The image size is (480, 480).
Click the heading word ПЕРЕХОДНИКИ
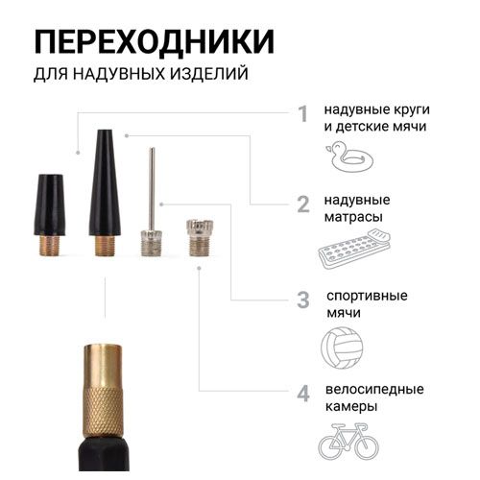click(x=155, y=42)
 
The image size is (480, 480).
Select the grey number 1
click(x=302, y=114)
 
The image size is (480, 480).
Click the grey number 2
click(x=303, y=204)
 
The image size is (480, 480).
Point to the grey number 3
click(x=303, y=300)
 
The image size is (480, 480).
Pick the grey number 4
click(x=303, y=394)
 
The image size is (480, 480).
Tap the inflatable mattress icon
click(x=354, y=249)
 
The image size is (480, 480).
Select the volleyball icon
click(x=342, y=348)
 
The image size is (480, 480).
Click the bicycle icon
click(x=348, y=441)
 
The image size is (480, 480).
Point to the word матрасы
click(x=353, y=217)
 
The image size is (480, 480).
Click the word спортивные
click(x=367, y=296)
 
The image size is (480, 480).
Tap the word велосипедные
click(x=374, y=390)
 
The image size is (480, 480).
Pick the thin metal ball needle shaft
click(x=153, y=189)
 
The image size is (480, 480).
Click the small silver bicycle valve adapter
click(x=200, y=237)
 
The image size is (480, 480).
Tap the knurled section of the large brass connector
click(x=103, y=411)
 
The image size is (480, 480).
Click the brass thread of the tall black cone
click(x=105, y=246)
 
